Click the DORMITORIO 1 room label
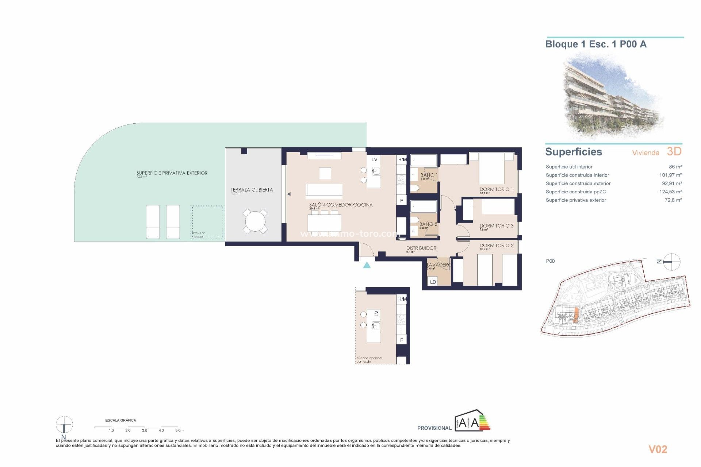coord(496,189)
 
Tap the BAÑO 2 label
coord(428,224)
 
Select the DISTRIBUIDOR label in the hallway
coord(421,248)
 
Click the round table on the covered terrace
coord(255,221)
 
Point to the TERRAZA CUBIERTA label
coord(252,190)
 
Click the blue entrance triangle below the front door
coord(367,266)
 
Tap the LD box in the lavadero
coord(433,282)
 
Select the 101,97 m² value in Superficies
coord(670,175)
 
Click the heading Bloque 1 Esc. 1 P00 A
coord(595,45)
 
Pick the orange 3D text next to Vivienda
coord(674,151)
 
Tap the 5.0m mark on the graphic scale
coord(179,430)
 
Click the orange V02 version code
coord(658,449)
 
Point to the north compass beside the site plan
coord(671,262)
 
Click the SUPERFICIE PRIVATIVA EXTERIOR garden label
coord(172,173)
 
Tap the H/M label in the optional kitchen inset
coord(402,299)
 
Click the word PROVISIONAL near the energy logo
coord(434,428)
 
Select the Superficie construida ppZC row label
coord(575,192)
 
